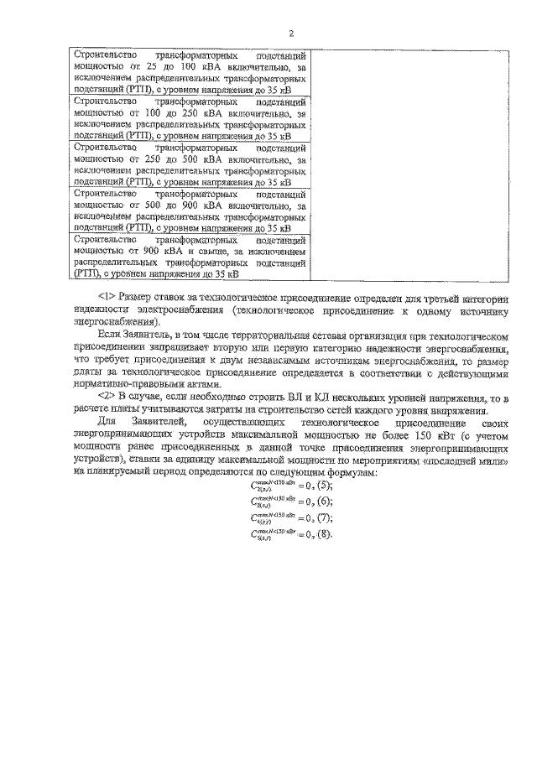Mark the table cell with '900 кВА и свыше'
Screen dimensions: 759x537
(190, 256)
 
